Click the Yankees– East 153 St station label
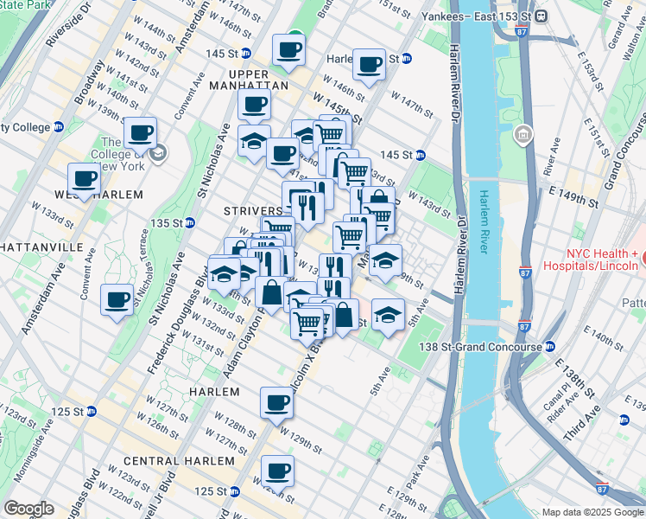(476, 16)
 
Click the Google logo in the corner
(28, 509)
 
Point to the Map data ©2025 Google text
(592, 512)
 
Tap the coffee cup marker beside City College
(140, 133)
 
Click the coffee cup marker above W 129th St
(277, 402)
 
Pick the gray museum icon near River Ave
(523, 135)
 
